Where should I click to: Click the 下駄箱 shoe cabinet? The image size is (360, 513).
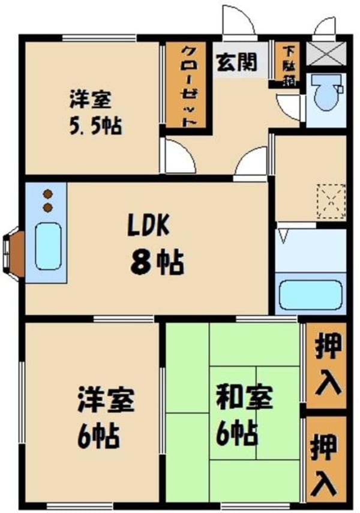[x=289, y=66]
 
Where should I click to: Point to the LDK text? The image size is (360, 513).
[x=148, y=225]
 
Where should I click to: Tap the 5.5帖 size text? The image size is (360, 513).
[x=95, y=125]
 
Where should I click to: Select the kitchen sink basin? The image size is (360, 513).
[x=48, y=247]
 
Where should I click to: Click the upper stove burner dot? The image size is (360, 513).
[x=48, y=194]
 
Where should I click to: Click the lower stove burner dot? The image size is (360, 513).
[x=48, y=208]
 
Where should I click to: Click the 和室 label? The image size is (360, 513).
[x=244, y=398]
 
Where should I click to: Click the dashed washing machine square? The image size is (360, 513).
[x=331, y=201]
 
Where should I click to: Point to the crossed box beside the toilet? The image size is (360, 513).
[x=326, y=53]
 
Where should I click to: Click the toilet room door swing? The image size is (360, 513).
[x=288, y=107]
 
